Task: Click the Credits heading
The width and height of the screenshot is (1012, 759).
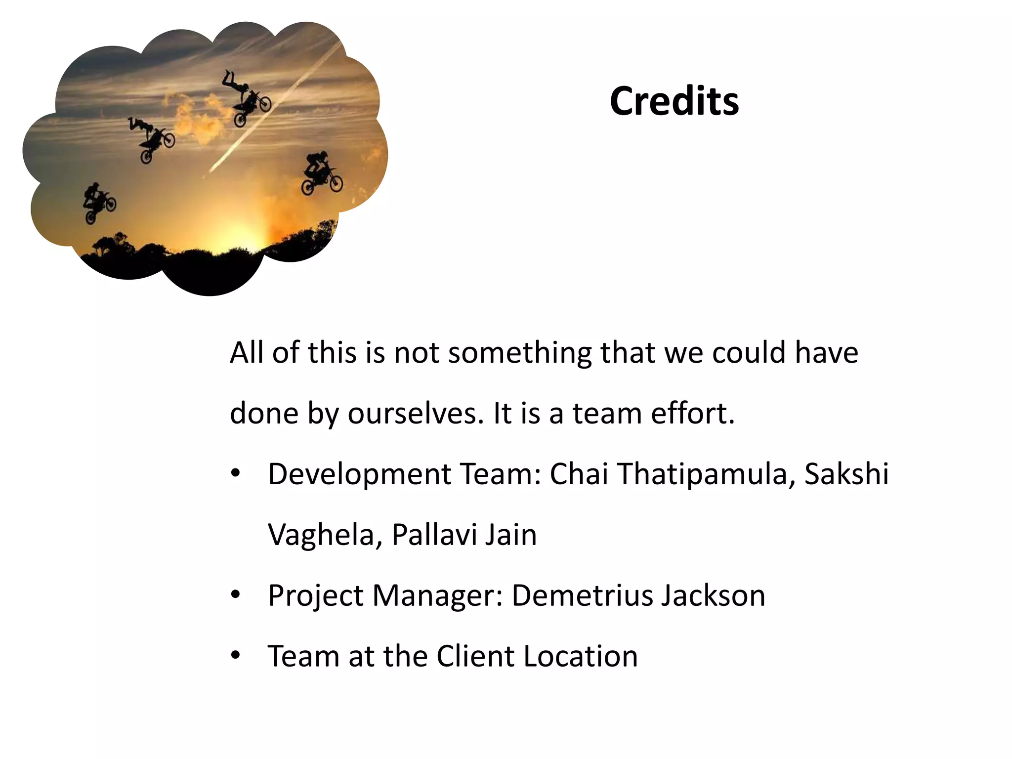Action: (x=674, y=101)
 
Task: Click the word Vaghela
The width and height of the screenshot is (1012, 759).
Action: (x=320, y=535)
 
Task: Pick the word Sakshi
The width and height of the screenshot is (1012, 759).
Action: (x=846, y=474)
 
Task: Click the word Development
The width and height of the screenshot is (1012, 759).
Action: (x=359, y=474)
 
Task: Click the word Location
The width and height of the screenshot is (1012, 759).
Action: (x=580, y=656)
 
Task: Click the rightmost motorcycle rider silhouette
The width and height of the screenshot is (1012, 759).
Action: (x=321, y=173)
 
